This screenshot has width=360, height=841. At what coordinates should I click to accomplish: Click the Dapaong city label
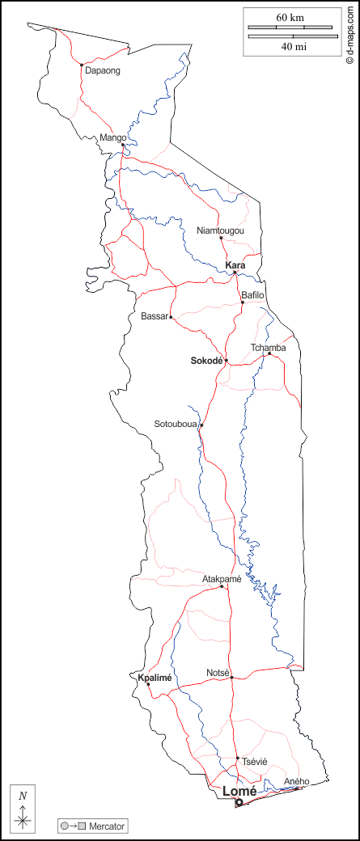coord(103,71)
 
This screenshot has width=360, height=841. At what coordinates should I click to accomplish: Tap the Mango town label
coord(112,138)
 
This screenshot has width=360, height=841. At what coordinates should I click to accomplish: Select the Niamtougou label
coord(220,231)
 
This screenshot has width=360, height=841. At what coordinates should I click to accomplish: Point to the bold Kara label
coord(235,265)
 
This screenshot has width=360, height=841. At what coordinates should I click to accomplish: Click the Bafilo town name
coord(253,296)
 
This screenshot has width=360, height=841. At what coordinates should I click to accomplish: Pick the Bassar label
coord(154,316)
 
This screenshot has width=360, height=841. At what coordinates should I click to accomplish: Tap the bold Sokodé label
coord(206,360)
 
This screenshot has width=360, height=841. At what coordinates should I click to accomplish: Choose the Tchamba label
coord(268,349)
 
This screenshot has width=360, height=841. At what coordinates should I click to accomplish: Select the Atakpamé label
coord(222,579)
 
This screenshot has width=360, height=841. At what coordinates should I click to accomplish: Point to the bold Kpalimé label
coord(155,678)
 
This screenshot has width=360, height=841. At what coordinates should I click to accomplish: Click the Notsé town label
coord(218,673)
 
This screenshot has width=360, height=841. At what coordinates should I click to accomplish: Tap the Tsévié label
coord(254,762)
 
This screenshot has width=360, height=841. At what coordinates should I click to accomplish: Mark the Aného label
coord(297,781)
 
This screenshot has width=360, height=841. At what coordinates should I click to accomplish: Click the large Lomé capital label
coord(239,791)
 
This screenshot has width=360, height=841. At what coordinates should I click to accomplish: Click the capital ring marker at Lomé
coord(239,802)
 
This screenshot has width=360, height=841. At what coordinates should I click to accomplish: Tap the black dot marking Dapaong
coord(82,65)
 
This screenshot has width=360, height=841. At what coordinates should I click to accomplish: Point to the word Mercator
coord(106,826)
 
